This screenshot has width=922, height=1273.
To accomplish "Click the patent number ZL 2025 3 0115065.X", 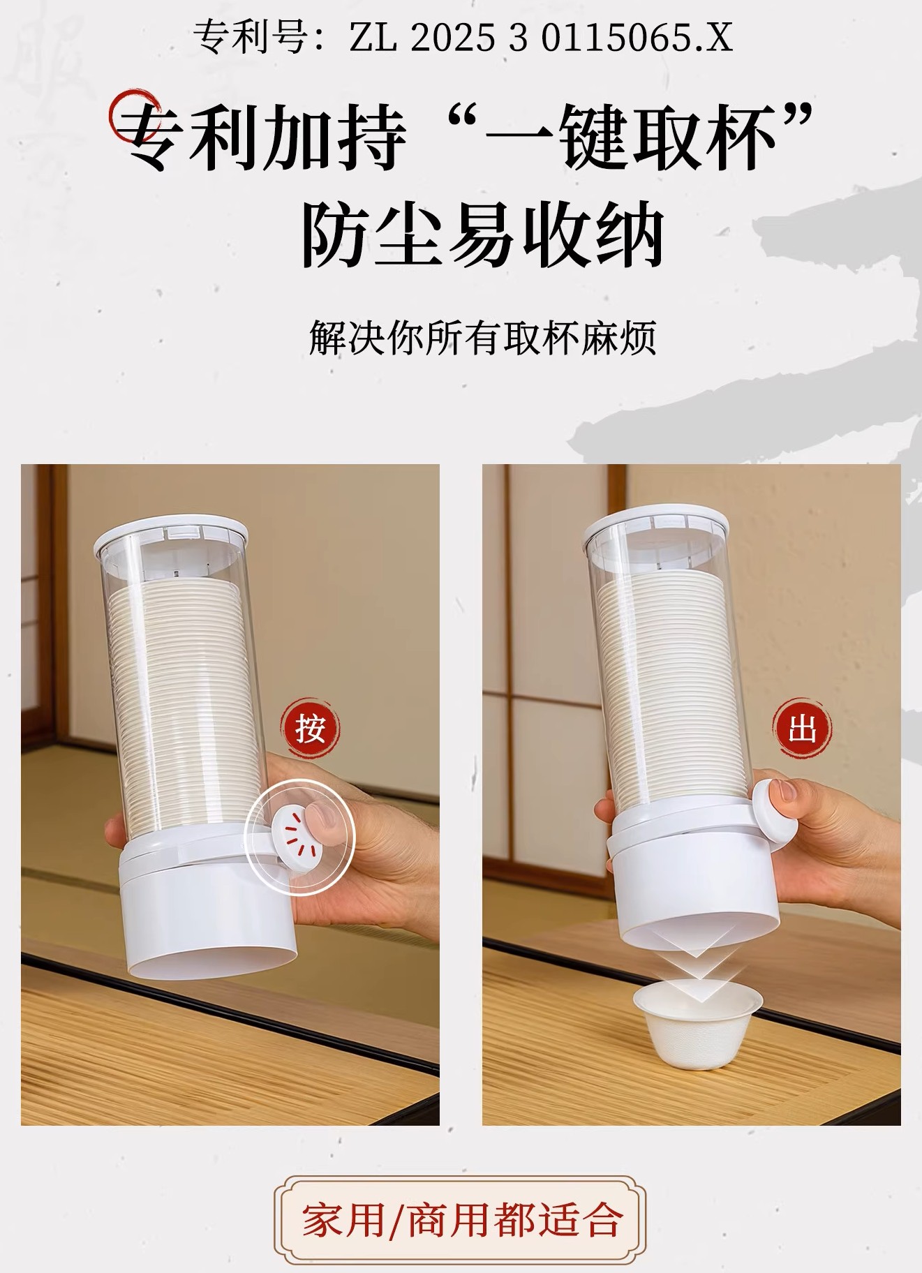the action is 541,37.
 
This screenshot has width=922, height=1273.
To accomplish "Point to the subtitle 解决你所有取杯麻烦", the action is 482,338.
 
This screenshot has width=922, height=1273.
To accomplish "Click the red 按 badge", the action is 310,730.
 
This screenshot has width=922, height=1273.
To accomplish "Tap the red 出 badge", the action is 803,730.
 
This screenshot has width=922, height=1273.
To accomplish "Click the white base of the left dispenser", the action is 207,911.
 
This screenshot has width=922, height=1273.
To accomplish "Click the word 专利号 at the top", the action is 249,37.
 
